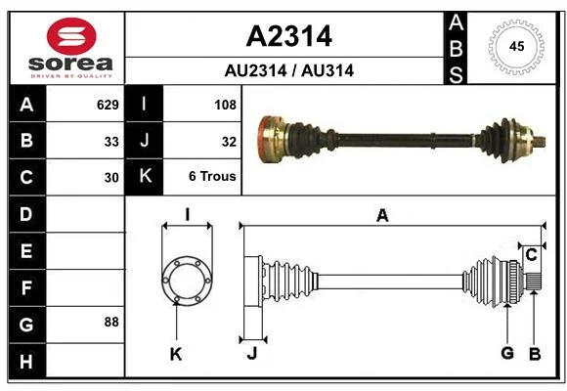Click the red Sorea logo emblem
[x=71, y=36]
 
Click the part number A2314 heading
[x=289, y=36]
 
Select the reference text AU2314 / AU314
[x=289, y=70]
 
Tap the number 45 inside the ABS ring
[x=516, y=46]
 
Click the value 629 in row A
[x=108, y=105]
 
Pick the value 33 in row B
[x=111, y=142]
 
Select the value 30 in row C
[x=111, y=178]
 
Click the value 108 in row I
[x=225, y=105]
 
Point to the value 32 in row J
[x=229, y=142]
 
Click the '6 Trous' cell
[x=212, y=176]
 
